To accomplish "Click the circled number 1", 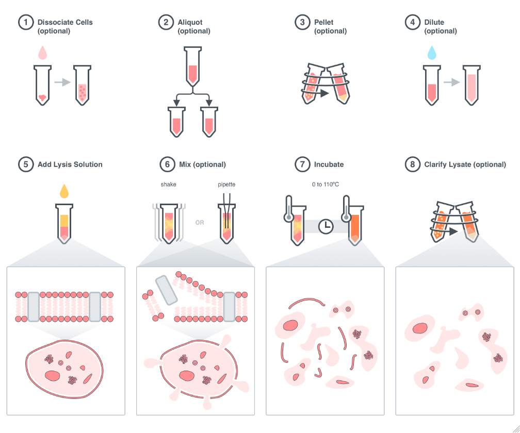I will coord(25,23).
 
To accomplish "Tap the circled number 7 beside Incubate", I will coord(301,164).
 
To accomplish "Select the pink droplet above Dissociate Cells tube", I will coord(43,52).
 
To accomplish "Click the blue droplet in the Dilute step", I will coord(431,52).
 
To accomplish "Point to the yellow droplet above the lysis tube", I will coord(64,191).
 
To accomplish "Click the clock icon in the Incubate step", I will coord(326,226).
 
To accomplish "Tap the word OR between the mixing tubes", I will coord(200,223).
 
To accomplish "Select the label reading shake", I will coord(168,184).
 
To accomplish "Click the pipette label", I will coord(226,184).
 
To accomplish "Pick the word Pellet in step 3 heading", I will coord(325,23).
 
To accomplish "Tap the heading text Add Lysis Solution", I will coord(70,164).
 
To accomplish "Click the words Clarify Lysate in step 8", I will coord(447,164).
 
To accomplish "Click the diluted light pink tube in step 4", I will coord(472,85).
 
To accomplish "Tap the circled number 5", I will coord(25,164).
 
